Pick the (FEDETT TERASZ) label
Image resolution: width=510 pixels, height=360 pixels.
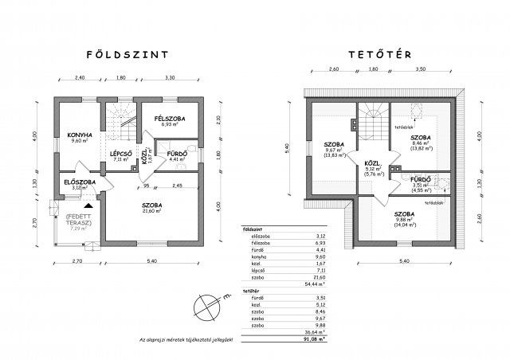(78, 219)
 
